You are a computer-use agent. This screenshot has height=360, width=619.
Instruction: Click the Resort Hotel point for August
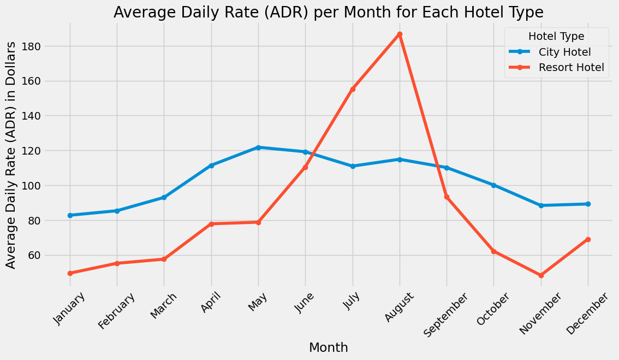400,34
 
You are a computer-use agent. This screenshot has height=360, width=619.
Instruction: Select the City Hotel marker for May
258,147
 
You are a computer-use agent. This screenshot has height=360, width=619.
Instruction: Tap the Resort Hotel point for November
541,276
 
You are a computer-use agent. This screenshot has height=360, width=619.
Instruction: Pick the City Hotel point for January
70,215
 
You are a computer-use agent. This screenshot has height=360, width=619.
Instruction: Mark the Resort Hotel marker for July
353,89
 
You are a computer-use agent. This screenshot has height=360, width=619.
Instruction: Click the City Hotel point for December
588,204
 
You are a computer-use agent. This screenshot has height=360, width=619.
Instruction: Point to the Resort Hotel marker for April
211,224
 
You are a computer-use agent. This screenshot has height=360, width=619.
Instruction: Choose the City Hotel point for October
493,185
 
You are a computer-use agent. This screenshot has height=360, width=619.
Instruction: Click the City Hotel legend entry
564,52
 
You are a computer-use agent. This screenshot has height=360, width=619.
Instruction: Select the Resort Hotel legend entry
571,68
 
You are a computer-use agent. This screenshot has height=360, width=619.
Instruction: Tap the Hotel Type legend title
557,37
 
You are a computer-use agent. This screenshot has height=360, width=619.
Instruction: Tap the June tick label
303,303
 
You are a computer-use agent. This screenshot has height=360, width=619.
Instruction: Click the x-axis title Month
329,347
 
